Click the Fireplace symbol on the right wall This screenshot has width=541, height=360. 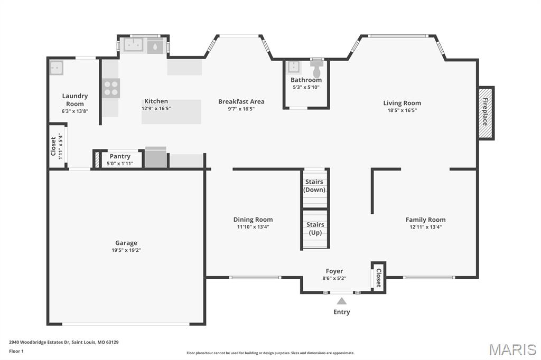pyautogui.click(x=486, y=113)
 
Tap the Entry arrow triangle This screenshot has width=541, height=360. pyautogui.click(x=342, y=301)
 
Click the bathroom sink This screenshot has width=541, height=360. pyautogui.click(x=294, y=68)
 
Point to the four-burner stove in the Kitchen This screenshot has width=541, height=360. pyautogui.click(x=111, y=88)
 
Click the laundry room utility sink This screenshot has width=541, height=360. pyautogui.click(x=56, y=68)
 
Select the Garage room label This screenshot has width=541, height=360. pyautogui.click(x=126, y=243)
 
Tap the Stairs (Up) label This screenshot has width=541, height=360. pyautogui.click(x=315, y=229)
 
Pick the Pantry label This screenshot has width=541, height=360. pyautogui.click(x=120, y=156)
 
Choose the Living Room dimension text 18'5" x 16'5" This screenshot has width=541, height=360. pyautogui.click(x=402, y=110)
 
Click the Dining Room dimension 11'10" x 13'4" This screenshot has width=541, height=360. pyautogui.click(x=253, y=227)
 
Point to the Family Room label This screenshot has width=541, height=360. pyautogui.click(x=425, y=220)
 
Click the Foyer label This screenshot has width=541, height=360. pyautogui.click(x=334, y=271)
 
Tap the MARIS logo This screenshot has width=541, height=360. pyautogui.click(x=512, y=349)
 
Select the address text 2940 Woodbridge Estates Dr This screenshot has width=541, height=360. pyautogui.click(x=63, y=342)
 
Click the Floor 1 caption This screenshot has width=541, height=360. pyautogui.click(x=16, y=350)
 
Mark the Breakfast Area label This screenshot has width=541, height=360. pyautogui.click(x=241, y=101)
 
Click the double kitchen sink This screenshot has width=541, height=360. pyautogui.click(x=133, y=45)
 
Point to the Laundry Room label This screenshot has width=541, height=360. pyautogui.click(x=75, y=100)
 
